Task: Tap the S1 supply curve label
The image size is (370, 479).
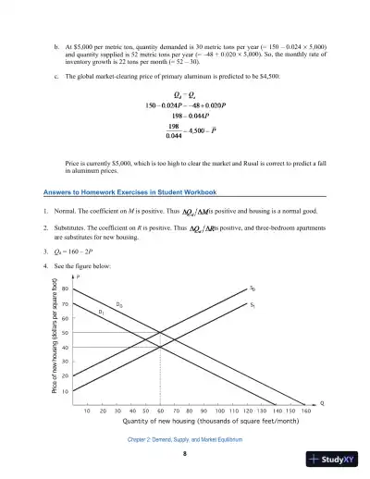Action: click(253, 303)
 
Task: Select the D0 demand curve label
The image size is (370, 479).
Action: click(119, 304)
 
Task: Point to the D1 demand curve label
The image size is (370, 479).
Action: click(102, 313)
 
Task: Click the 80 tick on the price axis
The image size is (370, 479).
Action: click(77, 289)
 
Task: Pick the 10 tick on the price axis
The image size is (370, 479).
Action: click(77, 390)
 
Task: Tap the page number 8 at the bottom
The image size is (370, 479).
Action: click(185, 453)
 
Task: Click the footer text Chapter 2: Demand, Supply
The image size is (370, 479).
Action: click(185, 440)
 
